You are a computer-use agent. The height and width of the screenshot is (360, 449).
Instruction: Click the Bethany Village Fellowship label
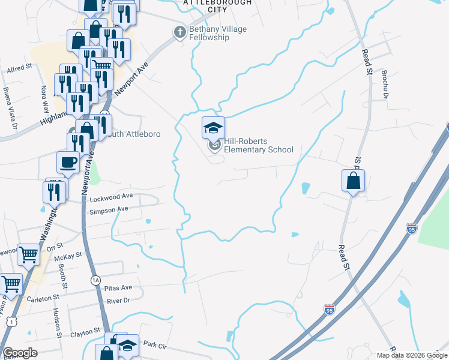tap(209, 33)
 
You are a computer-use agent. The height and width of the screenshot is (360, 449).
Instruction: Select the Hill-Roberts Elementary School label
tap(258, 145)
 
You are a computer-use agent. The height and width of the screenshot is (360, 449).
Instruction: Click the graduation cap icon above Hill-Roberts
tap(213, 128)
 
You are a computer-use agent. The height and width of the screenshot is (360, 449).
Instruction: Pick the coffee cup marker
tap(68, 162)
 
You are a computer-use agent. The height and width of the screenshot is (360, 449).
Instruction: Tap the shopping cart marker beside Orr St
tap(28, 256)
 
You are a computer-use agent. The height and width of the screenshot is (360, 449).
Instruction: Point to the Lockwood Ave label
tap(110, 196)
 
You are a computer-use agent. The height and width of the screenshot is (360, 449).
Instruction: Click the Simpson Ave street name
tap(109, 209)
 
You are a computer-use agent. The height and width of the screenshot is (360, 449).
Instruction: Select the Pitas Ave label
tap(118, 288)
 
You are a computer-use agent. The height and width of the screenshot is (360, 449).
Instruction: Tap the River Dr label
tap(118, 301)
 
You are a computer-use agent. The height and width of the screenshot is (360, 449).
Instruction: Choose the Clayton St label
tap(85, 332)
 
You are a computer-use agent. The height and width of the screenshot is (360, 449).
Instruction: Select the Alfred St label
tap(19, 69)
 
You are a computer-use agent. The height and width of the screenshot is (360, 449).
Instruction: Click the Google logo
tap(20, 353)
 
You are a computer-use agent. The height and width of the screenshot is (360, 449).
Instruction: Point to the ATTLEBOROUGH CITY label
tap(217, 6)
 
